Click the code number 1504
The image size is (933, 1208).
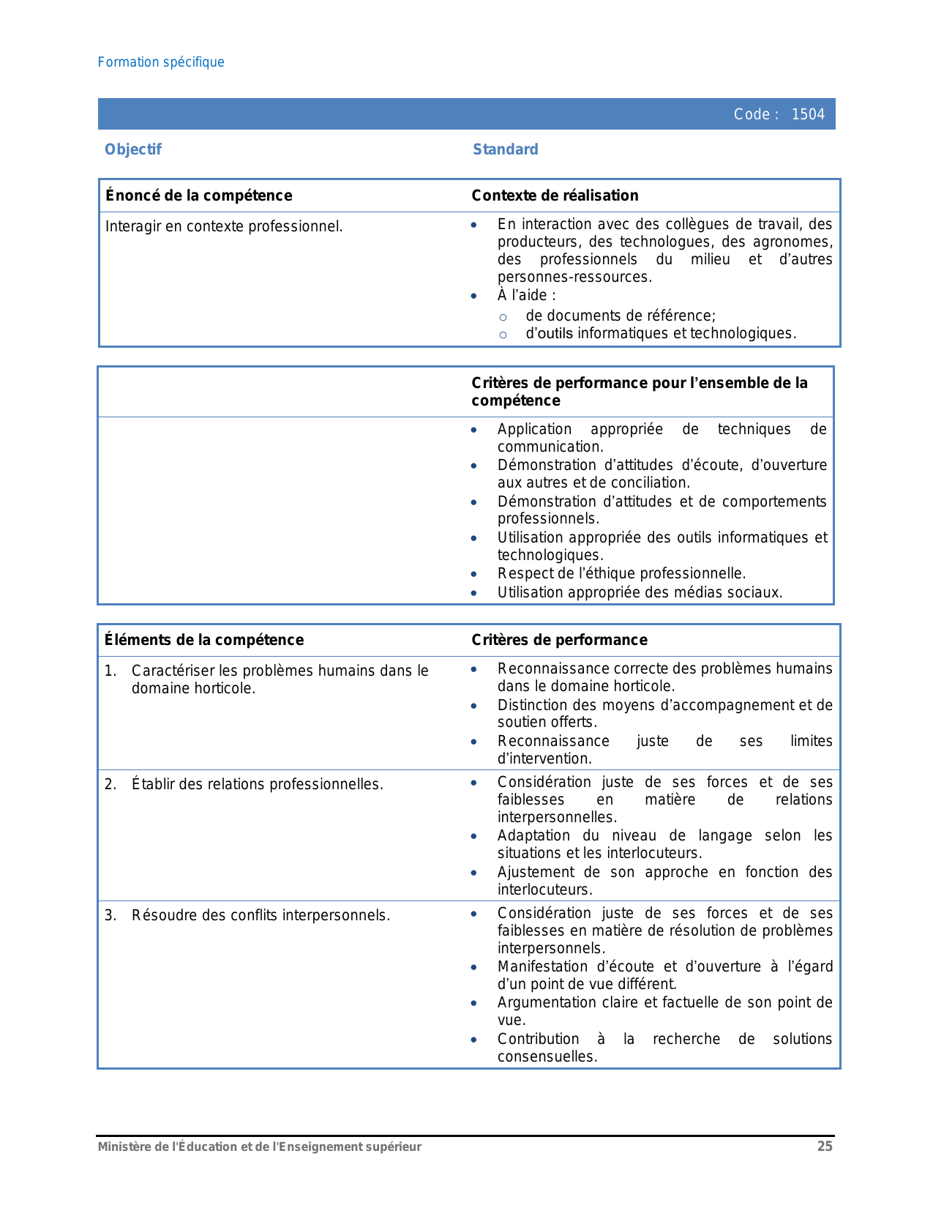tap(808, 114)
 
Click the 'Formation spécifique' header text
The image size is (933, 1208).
tap(161, 62)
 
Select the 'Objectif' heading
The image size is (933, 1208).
tap(132, 149)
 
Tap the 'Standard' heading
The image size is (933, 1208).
tap(505, 149)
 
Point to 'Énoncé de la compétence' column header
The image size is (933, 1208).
tap(198, 195)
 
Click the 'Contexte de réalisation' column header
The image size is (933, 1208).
tap(555, 195)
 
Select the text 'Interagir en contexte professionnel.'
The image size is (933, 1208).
tap(224, 227)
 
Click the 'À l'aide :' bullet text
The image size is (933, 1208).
tap(526, 296)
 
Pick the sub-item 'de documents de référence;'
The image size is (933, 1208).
tap(621, 316)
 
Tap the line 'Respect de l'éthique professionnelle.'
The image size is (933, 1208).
tap(621, 574)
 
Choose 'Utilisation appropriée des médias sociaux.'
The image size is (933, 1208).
tap(640, 593)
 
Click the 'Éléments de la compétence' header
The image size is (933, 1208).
tap(204, 640)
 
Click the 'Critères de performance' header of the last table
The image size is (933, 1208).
tap(559, 640)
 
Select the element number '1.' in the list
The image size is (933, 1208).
tap(110, 671)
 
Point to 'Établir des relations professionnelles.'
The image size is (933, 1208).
tap(257, 785)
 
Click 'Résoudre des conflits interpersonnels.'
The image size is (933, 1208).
tap(261, 916)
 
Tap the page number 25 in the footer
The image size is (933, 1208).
tap(825, 1147)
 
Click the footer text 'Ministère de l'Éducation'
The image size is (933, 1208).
tap(168, 1147)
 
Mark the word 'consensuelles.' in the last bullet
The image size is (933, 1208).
tap(547, 1057)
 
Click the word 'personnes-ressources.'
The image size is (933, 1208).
tap(574, 277)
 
